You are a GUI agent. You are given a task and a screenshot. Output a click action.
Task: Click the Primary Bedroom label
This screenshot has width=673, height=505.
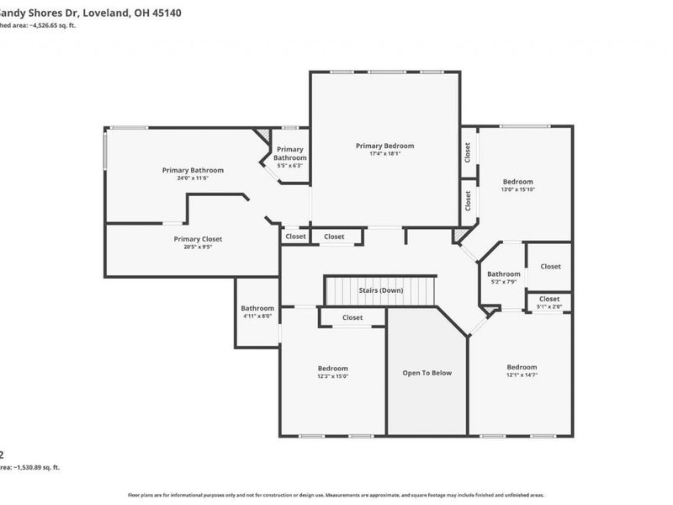point(384,146)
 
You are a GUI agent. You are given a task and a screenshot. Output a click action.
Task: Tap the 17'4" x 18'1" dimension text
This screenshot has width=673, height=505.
point(384,154)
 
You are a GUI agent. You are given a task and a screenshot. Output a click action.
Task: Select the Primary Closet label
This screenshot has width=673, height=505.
point(198,239)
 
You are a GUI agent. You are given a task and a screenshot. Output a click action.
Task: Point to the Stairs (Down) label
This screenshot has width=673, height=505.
point(380,290)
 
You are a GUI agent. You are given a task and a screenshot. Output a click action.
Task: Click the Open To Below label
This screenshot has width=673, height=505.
point(427,373)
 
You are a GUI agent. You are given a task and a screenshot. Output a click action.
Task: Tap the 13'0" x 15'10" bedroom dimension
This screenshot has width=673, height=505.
point(517,190)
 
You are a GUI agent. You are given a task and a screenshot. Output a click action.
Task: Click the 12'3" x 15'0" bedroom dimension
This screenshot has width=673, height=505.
point(332,376)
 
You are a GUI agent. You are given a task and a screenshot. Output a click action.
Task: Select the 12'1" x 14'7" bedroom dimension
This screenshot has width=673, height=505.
point(522,375)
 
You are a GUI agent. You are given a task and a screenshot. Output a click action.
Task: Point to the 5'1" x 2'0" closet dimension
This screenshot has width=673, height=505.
point(548,307)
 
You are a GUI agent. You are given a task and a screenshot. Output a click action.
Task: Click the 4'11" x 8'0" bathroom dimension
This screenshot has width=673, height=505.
point(257,316)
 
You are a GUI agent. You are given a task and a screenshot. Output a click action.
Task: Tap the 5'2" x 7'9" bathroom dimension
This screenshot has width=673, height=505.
point(503,282)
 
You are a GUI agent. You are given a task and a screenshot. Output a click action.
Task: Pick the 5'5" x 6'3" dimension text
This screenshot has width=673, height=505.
point(289,166)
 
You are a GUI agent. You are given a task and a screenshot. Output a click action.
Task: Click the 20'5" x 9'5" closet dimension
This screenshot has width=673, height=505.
point(198,247)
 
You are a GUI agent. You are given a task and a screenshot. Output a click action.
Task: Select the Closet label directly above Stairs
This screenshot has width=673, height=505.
point(334,237)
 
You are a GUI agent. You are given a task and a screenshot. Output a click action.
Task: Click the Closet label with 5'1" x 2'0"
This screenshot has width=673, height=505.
point(548,299)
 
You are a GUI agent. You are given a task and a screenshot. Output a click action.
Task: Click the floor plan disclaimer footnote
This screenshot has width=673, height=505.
point(336,496)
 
